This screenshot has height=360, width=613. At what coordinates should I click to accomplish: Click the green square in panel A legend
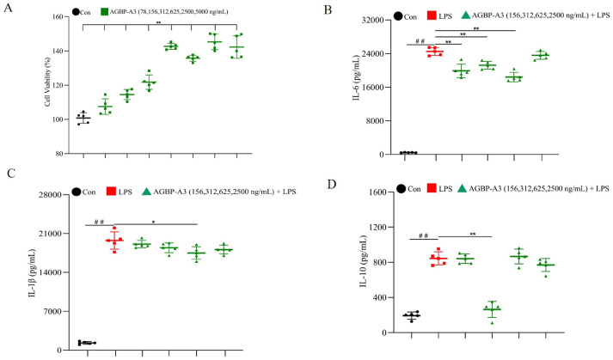pos(105,13)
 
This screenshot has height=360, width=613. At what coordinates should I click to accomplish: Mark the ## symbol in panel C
pos(100,223)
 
